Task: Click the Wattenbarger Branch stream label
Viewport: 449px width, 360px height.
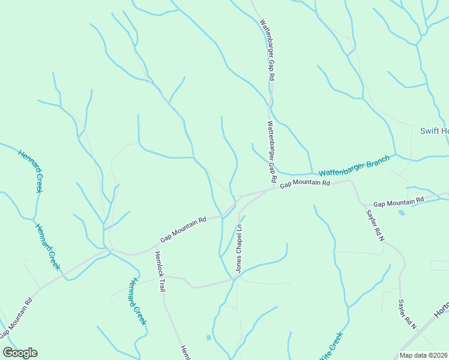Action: click(354, 166)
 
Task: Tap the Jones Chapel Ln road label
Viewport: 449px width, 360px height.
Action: click(238, 249)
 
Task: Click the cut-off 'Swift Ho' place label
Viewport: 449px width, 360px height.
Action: click(433, 131)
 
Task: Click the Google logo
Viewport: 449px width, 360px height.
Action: click(20, 353)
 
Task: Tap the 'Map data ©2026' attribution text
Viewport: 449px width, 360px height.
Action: click(423, 355)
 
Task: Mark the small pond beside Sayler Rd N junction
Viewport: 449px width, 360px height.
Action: click(401, 212)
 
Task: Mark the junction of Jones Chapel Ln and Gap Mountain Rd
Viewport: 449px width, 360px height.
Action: click(240, 197)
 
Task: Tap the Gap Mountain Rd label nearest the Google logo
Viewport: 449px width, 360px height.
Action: click(16, 317)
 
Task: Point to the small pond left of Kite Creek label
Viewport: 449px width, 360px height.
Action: click(208, 337)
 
